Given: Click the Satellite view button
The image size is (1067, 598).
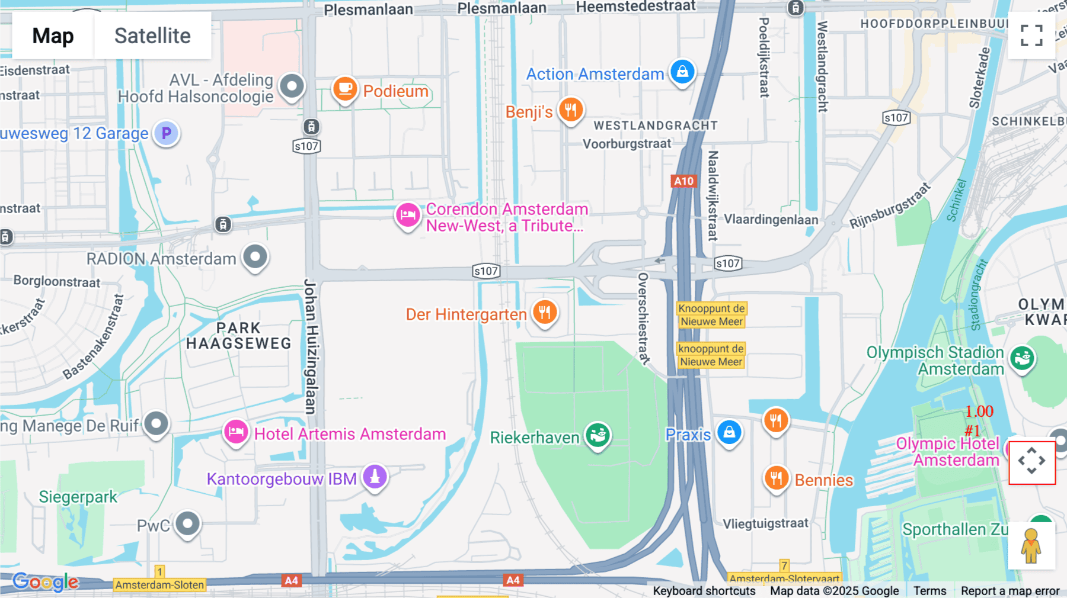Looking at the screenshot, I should click(x=152, y=36).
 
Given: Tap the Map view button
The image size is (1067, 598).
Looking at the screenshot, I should click(x=53, y=36).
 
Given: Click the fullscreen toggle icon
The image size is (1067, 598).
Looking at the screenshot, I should click(x=1031, y=36).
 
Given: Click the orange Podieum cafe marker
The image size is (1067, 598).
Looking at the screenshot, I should click(x=344, y=89).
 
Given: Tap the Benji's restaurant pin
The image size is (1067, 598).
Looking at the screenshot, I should click(x=571, y=110).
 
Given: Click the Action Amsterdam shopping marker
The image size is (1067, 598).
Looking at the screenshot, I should click(x=682, y=72).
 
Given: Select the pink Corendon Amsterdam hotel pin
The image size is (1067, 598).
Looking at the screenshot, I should click(x=408, y=215).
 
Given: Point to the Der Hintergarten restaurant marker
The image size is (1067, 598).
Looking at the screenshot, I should click(x=545, y=311).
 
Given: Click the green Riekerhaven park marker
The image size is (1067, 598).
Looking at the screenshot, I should click(x=598, y=435).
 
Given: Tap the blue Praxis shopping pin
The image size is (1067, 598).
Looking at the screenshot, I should click(x=729, y=433).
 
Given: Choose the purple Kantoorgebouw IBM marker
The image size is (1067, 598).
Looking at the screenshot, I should click(x=375, y=476).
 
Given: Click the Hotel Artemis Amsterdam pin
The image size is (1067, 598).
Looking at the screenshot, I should click(x=236, y=432).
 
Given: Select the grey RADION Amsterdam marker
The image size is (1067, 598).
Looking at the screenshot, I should click(x=255, y=257).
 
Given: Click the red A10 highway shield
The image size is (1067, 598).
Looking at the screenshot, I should click(x=683, y=181).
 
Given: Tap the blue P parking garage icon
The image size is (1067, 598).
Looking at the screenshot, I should click(x=167, y=133).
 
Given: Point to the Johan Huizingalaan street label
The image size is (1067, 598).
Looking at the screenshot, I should click(x=311, y=346).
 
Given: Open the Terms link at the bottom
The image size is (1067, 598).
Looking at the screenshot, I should click(x=929, y=590).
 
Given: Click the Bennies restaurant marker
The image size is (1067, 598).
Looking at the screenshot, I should click(x=776, y=478).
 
